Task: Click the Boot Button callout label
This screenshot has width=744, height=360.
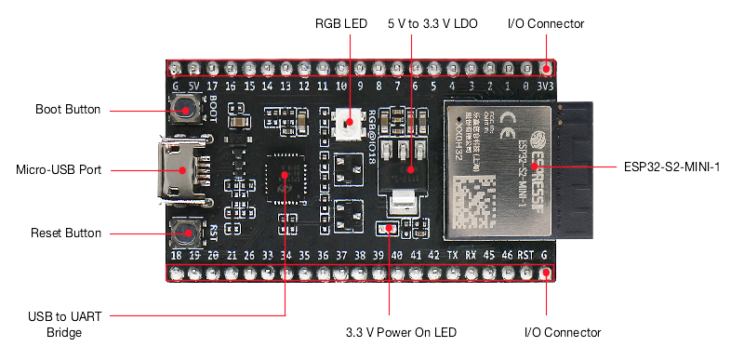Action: pyautogui.click(x=67, y=109)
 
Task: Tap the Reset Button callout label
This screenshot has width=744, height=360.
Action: pyautogui.click(x=66, y=233)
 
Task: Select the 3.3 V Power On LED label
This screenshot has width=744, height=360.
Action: pyautogui.click(x=401, y=332)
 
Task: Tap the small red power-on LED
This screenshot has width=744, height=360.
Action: pyautogui.click(x=385, y=229)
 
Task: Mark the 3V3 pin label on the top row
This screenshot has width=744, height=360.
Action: pyautogui.click(x=546, y=86)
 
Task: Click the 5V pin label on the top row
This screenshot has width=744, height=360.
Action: pyautogui.click(x=193, y=86)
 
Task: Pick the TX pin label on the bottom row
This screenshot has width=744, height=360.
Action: pyautogui.click(x=452, y=255)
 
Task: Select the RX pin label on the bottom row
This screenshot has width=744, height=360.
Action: pyautogui.click(x=471, y=255)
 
